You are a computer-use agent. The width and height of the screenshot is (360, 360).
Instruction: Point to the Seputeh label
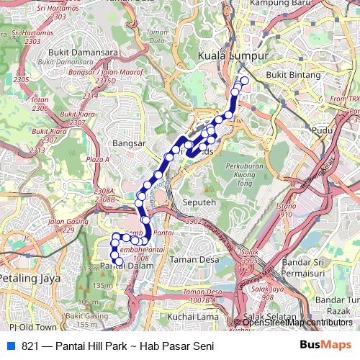tap(199, 203)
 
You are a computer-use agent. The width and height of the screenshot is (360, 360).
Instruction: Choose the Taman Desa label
tap(194, 259)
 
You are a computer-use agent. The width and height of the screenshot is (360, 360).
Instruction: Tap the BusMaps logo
tap(324, 346)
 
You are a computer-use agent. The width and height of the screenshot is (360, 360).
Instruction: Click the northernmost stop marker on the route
tap(244, 81)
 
